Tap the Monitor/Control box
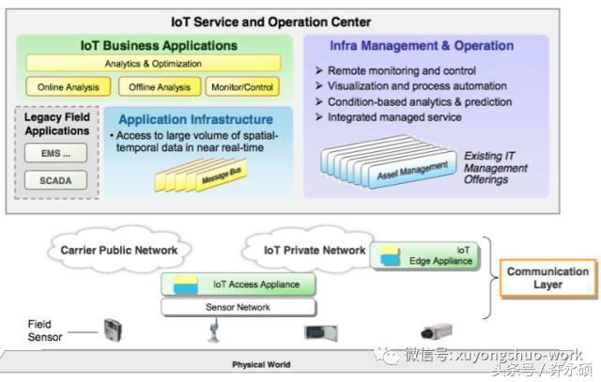241,87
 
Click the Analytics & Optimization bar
153,64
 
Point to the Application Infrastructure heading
196,119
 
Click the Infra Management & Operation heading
422,45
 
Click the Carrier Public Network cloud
118,250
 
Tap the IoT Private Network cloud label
315,250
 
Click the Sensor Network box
238,307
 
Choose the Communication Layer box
547,278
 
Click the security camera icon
437,331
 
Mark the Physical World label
261,364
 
